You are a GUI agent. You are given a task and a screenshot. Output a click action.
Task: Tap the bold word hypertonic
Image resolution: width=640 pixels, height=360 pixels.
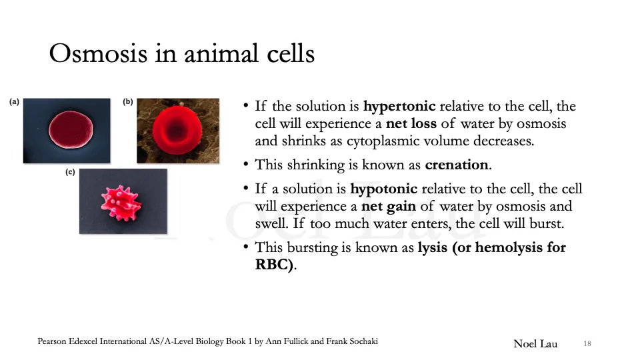click(399, 107)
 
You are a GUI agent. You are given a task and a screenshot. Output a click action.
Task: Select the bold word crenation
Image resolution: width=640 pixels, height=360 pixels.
click(457, 165)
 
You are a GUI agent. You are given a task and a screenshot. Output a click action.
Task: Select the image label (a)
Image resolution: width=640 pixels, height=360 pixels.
click(14, 102)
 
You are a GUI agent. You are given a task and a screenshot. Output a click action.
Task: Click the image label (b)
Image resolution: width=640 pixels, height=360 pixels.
click(128, 102)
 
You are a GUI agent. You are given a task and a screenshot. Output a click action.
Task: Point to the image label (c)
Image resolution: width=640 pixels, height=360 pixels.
click(70, 172)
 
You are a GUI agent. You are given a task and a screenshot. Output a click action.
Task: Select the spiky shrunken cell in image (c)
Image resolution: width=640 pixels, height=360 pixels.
click(122, 200)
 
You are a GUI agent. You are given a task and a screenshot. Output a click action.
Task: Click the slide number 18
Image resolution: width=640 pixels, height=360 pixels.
click(587, 343)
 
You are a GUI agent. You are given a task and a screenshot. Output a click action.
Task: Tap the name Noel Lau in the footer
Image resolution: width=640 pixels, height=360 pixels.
click(535, 343)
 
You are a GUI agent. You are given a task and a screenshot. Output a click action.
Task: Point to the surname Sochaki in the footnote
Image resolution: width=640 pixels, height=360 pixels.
click(360, 341)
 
